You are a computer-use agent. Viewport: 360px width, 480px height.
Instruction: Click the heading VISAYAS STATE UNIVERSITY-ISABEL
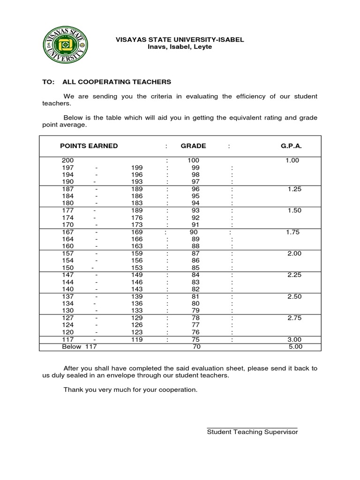[x=180, y=40]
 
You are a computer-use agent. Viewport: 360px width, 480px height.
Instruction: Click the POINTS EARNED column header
[x=89, y=146]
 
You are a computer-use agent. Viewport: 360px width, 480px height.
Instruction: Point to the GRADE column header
[x=193, y=146]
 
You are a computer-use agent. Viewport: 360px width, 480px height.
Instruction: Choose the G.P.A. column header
[x=291, y=146]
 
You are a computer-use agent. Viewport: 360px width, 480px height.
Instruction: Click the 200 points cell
[x=68, y=160]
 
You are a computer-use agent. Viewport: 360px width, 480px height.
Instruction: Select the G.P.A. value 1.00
[x=292, y=160]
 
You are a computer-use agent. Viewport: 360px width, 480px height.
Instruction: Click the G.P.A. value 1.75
[x=292, y=232]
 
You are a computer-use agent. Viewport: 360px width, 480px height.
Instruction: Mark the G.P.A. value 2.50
[x=294, y=297]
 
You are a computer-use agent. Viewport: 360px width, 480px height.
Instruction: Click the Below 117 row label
[x=79, y=347]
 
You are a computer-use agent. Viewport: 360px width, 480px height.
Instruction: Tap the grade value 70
[x=197, y=347]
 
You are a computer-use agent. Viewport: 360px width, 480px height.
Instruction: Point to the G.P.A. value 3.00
[x=294, y=339]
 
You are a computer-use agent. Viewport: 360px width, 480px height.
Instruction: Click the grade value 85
[x=195, y=268]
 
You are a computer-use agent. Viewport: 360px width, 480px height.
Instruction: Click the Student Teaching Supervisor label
[x=252, y=432]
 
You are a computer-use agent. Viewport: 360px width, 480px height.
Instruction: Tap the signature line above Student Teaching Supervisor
[x=252, y=427]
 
